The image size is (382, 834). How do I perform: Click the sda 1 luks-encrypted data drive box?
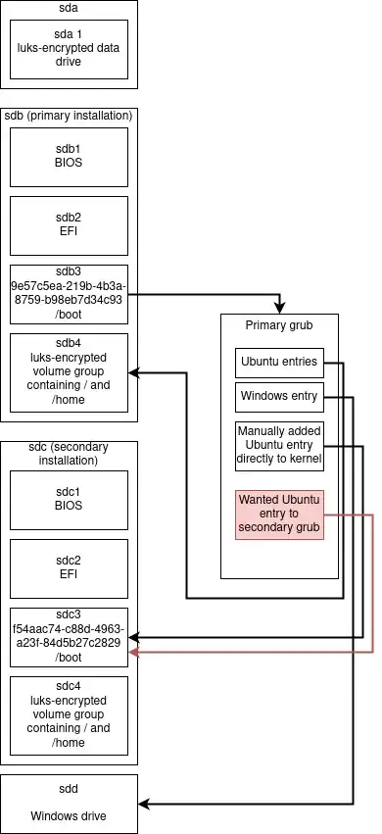click(69, 48)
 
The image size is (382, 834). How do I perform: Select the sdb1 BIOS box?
click(69, 157)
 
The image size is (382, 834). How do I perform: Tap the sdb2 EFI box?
click(69, 225)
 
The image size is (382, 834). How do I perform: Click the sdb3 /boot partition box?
click(69, 294)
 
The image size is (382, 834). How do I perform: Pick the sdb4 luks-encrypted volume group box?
click(69, 372)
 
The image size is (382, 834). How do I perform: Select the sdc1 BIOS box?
click(69, 500)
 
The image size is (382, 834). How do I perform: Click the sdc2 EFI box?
click(69, 568)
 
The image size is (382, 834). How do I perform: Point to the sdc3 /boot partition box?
click(69, 637)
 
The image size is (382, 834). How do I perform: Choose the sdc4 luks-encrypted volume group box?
click(69, 715)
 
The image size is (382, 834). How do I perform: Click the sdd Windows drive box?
click(69, 804)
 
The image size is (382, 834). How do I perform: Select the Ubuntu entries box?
click(279, 363)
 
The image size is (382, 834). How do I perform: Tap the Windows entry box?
click(279, 397)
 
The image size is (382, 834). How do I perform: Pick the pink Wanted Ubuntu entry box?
click(279, 515)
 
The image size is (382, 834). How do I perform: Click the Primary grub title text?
click(279, 324)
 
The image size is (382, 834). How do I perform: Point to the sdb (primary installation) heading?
click(69, 116)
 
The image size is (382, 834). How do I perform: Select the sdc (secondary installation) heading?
click(69, 454)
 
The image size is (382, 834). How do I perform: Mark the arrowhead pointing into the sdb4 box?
click(134, 372)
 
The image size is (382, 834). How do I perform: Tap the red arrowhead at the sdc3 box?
click(134, 651)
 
